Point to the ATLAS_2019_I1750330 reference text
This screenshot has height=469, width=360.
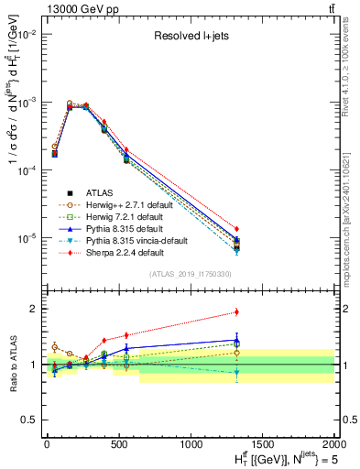point(190,274)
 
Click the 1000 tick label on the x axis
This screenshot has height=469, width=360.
point(191,442)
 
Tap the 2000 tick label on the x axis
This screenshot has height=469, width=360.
point(333,442)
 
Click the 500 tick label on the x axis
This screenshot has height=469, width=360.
point(118,442)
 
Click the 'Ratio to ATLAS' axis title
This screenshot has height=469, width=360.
point(11,364)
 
